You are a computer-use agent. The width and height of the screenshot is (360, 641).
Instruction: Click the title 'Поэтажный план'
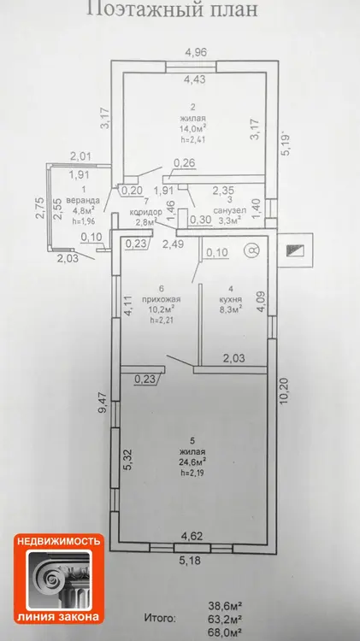pyautogui.click(x=172, y=9)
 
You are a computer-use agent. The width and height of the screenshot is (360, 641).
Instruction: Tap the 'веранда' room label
pyautogui.click(x=83, y=201)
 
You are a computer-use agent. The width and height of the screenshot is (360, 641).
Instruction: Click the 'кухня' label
pyautogui.click(x=231, y=298)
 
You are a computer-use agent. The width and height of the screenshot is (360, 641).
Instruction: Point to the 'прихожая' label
pyautogui.click(x=161, y=299)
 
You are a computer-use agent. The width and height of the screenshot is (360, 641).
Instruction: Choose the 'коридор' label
pyautogui.click(x=146, y=212)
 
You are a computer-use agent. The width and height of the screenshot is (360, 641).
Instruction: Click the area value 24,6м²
pyautogui.click(x=192, y=462)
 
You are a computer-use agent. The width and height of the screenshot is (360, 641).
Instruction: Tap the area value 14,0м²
pyautogui.click(x=192, y=128)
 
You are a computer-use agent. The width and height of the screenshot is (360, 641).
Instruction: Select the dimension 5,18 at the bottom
pyautogui.click(x=191, y=561)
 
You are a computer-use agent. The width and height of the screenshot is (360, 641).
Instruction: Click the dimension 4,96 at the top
pyautogui.click(x=197, y=52)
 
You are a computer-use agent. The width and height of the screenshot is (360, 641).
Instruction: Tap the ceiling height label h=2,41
pyautogui.click(x=192, y=139)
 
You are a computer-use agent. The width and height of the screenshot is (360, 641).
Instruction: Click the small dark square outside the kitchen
pyautogui.click(x=295, y=250)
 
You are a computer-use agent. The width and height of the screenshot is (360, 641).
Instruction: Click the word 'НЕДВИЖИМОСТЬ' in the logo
pyautogui.click(x=58, y=542)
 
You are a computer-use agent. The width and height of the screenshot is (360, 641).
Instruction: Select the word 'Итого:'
pyautogui.click(x=160, y=618)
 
